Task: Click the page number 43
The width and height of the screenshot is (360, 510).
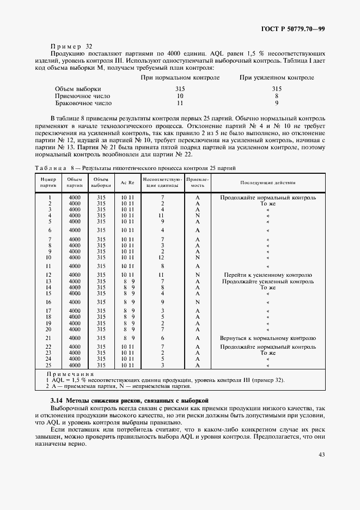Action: pyautogui.click(x=321, y=454)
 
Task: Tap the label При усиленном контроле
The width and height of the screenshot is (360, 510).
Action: pyautogui.click(x=277, y=78)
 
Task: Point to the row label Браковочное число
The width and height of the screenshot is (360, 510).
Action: pyautogui.click(x=83, y=102)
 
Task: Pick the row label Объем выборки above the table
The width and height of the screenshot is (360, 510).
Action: pyautogui.click(x=78, y=88)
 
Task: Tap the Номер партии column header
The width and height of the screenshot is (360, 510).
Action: pyautogui.click(x=49, y=181)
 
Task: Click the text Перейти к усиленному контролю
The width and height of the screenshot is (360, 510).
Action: pyautogui.click(x=267, y=275)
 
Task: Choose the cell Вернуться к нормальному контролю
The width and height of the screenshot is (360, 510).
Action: pyautogui.click(x=267, y=338)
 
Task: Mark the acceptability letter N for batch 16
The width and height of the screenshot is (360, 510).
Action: pyautogui.click(x=197, y=302)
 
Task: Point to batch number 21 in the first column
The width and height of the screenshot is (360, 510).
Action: pyautogui.click(x=49, y=338)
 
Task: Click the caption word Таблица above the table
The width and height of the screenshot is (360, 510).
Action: pyautogui.click(x=50, y=167)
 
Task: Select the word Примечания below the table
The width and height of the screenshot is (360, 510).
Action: pyautogui.click(x=71, y=374)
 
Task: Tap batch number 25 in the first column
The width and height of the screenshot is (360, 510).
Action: pyautogui.click(x=49, y=365)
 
